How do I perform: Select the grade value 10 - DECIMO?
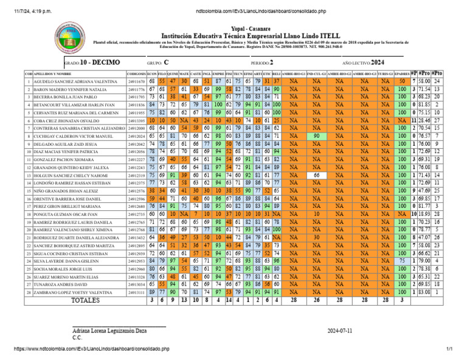pos(100,63)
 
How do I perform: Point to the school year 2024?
pos(377,63)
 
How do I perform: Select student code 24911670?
pos(136,81)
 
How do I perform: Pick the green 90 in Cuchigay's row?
pos(316,136)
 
